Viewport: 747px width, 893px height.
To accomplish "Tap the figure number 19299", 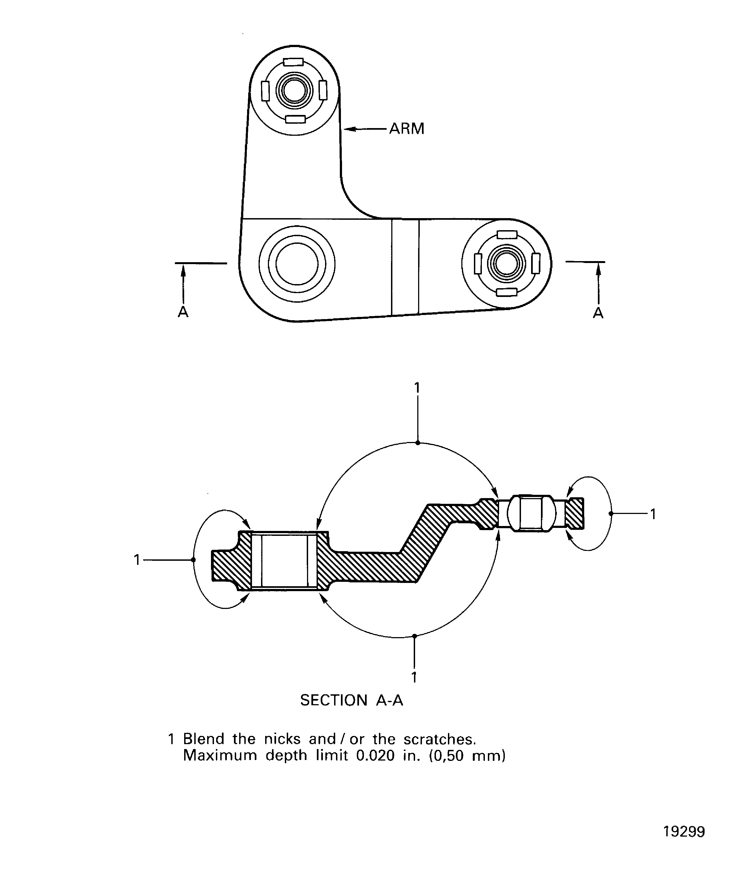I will (x=684, y=831).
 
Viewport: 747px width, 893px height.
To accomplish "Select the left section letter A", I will (x=183, y=312).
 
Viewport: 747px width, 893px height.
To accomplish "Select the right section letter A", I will (x=598, y=313).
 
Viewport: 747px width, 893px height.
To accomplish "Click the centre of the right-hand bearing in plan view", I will (x=506, y=264).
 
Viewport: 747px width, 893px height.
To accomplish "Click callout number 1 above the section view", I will (x=417, y=388).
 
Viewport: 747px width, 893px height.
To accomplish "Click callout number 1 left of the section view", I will (x=137, y=560).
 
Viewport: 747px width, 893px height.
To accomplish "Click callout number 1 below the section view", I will (x=414, y=677).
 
